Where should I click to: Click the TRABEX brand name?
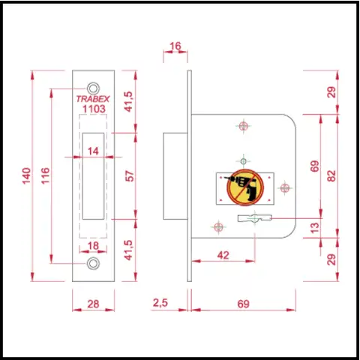point(93,99)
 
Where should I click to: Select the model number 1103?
point(94,109)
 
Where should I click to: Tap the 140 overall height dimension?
point(27,176)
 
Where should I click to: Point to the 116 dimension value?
point(46,175)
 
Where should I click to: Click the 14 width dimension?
point(93,151)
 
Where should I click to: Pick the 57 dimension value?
point(130,175)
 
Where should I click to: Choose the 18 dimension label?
point(93,246)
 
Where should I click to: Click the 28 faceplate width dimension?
point(93,304)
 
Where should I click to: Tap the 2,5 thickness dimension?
point(160,303)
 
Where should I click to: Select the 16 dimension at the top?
point(175,46)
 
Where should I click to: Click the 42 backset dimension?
point(223,255)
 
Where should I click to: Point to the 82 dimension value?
point(331,175)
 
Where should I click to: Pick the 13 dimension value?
point(315,227)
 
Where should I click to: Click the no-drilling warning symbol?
point(245,187)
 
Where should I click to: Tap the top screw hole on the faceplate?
point(93,88)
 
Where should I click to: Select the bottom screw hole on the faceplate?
point(93,263)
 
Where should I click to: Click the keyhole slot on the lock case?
point(254,218)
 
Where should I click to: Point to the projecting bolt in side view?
point(175,176)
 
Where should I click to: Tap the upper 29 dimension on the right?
point(331,92)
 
